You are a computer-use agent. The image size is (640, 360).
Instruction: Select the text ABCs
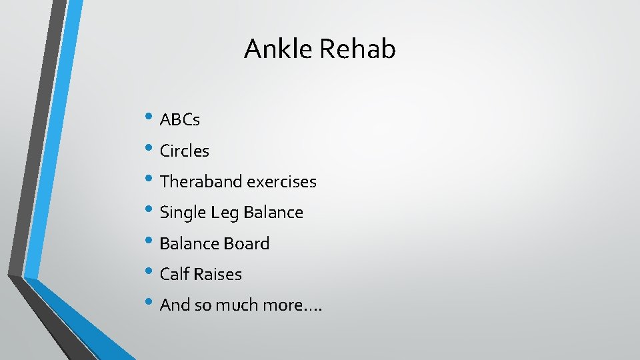pos(180,120)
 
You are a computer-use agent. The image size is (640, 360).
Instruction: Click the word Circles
pos(185,151)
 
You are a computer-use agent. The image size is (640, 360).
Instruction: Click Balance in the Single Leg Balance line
pos(273,213)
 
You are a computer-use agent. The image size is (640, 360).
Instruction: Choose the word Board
pos(247,243)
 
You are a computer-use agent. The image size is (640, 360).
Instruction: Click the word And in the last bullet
pos(175,305)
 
